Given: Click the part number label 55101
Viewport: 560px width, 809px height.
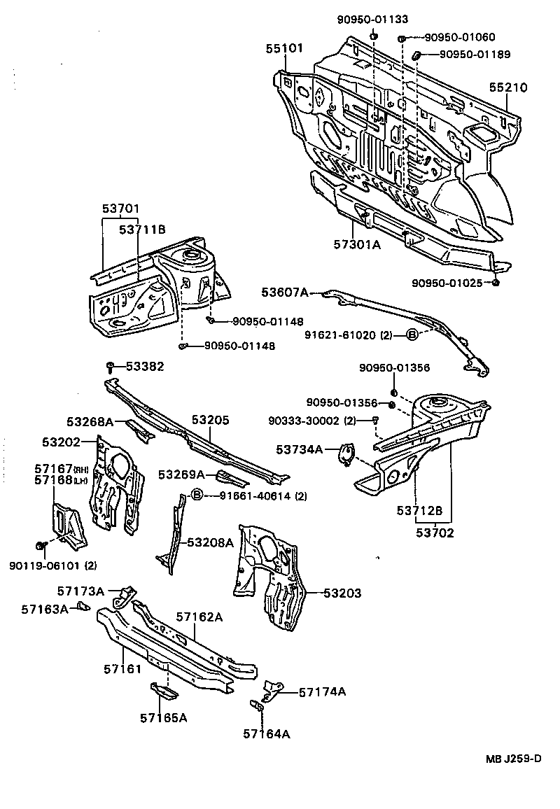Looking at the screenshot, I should [284, 48].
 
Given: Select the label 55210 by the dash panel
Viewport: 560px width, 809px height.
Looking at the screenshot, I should [508, 87].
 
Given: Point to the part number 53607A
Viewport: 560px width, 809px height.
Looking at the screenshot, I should [285, 293].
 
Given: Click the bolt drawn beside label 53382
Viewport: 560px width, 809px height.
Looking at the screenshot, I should [111, 366].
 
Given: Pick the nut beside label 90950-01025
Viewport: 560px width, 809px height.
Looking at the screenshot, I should [496, 282].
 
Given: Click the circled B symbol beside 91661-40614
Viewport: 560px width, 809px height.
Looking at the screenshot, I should [197, 495].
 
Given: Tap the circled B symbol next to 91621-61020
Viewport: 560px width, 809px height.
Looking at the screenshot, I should [412, 335].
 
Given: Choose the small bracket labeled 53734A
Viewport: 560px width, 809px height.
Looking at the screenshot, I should [346, 453].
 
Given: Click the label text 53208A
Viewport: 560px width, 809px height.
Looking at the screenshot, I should [210, 542].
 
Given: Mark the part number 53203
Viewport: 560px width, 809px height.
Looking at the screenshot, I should [342, 593].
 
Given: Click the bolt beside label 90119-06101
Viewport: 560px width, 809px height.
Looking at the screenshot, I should [41, 546].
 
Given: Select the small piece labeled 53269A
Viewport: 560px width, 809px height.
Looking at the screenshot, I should [230, 477].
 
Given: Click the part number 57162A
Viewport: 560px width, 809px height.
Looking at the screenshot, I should [199, 617].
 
